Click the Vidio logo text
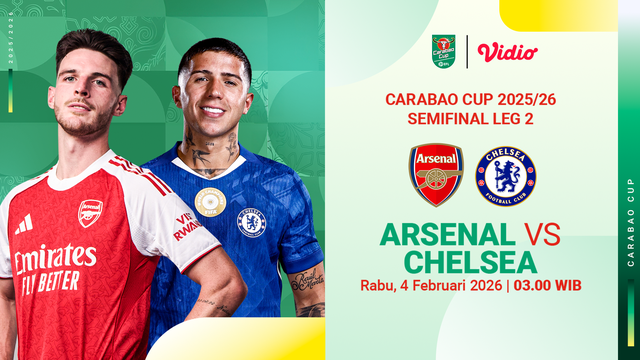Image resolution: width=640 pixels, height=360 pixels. click(507, 52)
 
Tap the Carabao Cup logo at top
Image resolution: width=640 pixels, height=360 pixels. click(443, 50)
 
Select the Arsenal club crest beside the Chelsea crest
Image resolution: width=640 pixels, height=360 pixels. click(436, 174)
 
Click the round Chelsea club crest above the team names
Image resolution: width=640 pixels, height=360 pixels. click(505, 175)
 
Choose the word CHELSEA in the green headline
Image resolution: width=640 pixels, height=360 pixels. click(470, 263)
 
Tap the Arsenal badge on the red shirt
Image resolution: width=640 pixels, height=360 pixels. click(90, 212)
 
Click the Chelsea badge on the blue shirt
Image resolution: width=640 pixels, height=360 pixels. click(251, 221)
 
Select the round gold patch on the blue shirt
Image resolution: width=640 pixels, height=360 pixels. click(210, 202)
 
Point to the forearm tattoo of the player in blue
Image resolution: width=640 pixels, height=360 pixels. click(307, 281)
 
